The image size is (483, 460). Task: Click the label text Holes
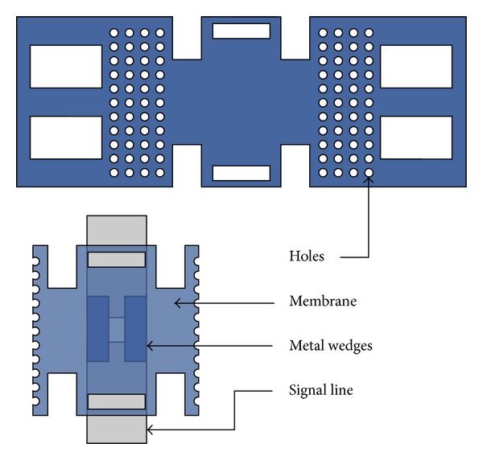[307, 257]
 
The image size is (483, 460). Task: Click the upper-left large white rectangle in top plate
[66, 66]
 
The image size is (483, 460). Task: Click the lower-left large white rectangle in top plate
[66, 138]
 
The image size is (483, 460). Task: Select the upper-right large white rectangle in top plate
[415, 66]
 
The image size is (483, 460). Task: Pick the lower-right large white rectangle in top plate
[415, 138]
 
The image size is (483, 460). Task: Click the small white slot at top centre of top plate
[241, 31]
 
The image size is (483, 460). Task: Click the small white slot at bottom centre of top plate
[241, 173]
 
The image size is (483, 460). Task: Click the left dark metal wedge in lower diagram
[97, 329]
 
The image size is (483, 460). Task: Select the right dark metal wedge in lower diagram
[135, 329]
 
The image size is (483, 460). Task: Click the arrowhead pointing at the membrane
[179, 302]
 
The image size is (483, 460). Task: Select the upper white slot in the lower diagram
[117, 260]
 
